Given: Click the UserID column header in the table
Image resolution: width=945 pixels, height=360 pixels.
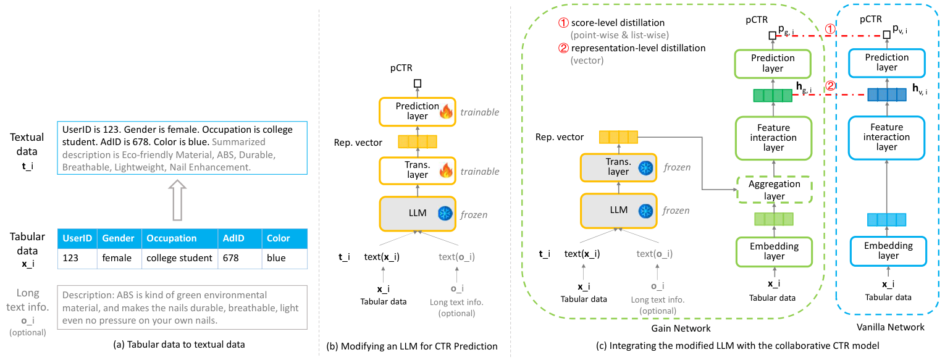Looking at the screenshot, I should point(78,238).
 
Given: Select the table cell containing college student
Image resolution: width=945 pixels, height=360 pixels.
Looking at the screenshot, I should point(179,258).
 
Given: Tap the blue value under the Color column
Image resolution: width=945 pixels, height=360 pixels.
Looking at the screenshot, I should point(276,258).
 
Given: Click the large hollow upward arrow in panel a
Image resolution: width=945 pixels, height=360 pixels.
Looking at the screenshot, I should point(177,199).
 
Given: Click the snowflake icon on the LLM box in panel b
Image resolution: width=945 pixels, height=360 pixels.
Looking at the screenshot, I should point(445,214).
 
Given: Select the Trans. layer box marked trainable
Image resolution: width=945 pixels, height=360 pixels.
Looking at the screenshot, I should point(417,170).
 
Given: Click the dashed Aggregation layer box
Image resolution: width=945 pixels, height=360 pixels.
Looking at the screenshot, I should point(774,190).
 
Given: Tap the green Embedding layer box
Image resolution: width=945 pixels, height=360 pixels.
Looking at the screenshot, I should point(773,251).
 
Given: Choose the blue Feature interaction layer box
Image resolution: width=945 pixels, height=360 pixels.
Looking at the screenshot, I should point(887,137).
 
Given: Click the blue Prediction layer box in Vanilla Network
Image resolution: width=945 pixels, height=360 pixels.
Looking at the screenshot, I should point(887,62).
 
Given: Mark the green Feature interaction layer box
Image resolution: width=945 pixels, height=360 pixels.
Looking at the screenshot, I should point(773,138).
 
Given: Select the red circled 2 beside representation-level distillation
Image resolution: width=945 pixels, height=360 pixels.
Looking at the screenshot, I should point(563,48).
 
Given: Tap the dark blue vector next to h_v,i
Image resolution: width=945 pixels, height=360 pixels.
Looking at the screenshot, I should point(886,94).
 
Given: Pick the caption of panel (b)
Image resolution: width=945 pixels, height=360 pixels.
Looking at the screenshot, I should point(412,346).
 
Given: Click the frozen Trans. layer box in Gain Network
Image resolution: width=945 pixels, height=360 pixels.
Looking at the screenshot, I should point(618,167).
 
